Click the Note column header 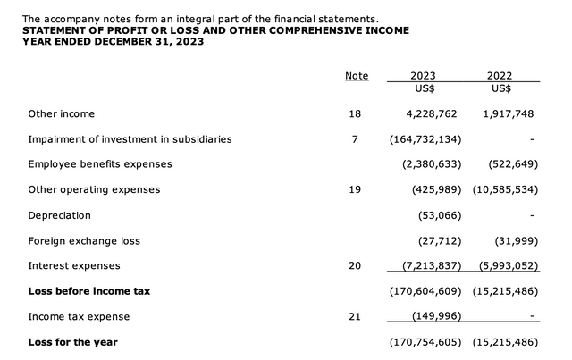357,76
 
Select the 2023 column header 423,76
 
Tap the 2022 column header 500,76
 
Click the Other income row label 62,114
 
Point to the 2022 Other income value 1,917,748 507,114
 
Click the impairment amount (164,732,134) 425,139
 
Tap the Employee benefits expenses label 100,164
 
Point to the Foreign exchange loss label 84,240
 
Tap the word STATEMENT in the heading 61,30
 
